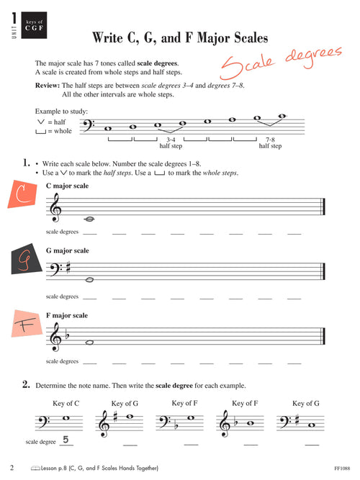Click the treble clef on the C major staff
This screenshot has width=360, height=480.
pos(55,208)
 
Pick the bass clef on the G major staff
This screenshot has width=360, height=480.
pos(54,271)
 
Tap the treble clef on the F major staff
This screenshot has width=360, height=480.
pos(55,336)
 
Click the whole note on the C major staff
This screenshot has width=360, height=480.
pos(89,219)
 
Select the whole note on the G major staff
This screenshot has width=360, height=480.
pos(89,279)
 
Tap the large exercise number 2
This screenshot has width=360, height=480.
pos(25,385)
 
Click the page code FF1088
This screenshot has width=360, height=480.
pos(342,468)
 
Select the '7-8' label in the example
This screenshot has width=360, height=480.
pos(271,138)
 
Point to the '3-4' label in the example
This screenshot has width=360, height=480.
pos(171,138)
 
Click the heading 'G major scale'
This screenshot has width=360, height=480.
pos(67,250)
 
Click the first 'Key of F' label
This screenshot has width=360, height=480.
pos(186,403)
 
